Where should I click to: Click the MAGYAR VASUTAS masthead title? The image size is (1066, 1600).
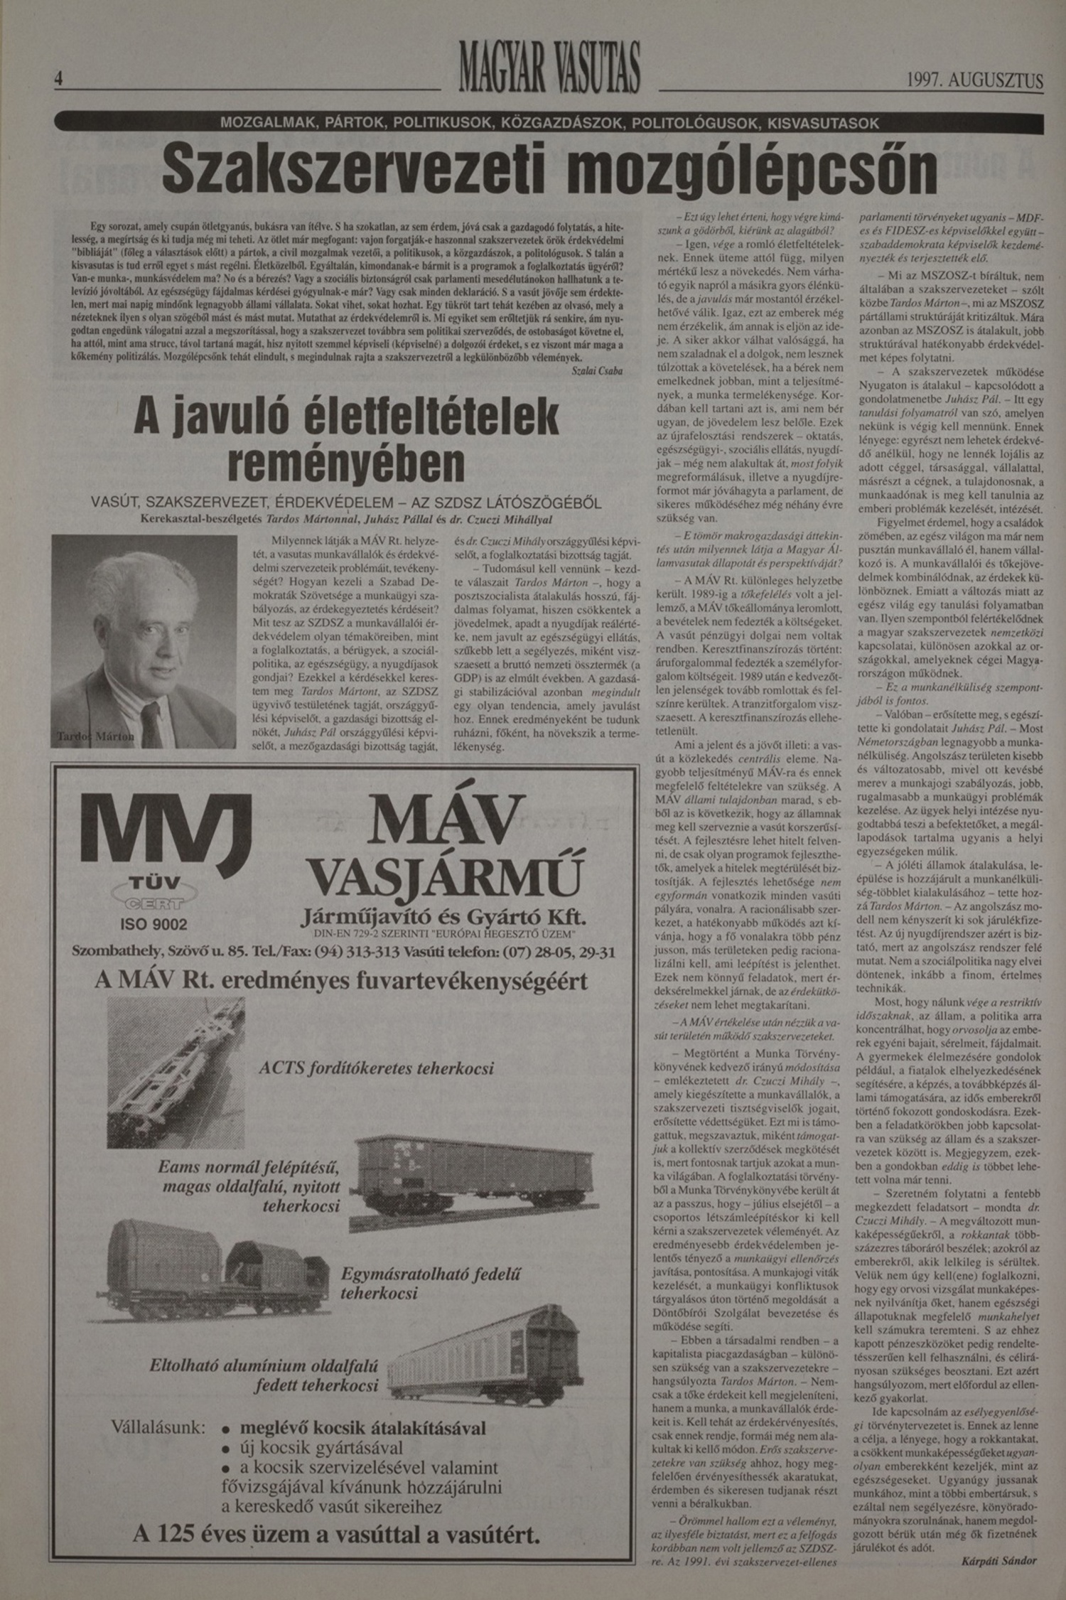(x=549, y=68)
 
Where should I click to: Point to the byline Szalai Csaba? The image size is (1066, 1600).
(x=597, y=371)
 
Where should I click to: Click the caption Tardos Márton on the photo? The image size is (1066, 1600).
(x=95, y=736)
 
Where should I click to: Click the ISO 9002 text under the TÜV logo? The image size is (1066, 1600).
(x=154, y=924)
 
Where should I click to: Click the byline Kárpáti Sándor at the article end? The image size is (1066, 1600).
(x=998, y=1561)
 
